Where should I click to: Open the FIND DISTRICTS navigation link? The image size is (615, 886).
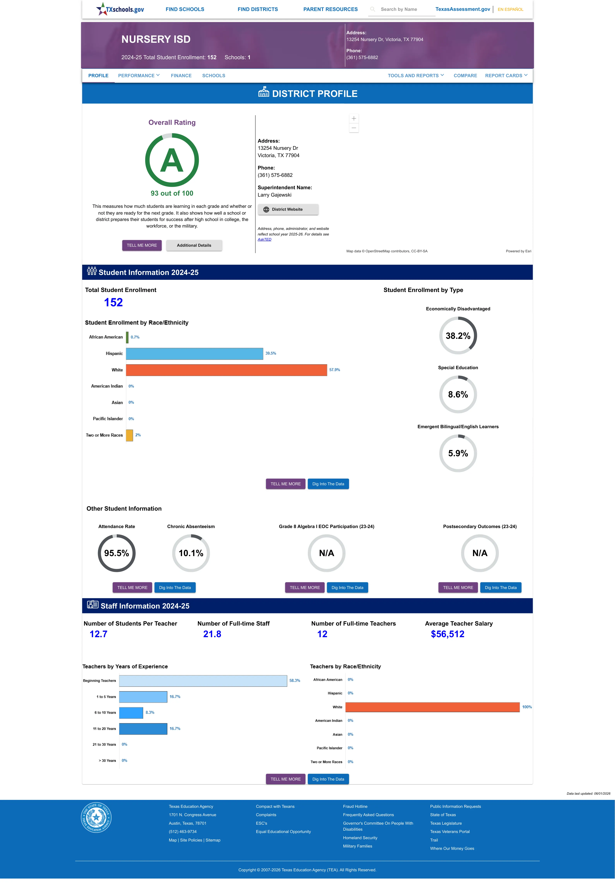[x=257, y=9]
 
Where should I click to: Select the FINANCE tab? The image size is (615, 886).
[x=181, y=75]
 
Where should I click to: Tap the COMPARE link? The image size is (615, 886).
[x=465, y=75]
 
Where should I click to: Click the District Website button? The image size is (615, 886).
[x=288, y=210]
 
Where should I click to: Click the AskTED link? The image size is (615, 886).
[x=264, y=240]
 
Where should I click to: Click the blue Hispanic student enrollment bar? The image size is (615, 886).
[x=195, y=354]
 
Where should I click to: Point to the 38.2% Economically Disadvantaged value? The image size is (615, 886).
[x=458, y=336]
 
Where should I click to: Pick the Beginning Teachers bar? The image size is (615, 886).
[x=203, y=681]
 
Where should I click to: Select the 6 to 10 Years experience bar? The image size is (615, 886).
[x=131, y=713]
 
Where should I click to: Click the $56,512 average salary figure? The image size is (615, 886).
[x=447, y=634]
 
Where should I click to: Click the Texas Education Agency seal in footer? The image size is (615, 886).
[x=96, y=817]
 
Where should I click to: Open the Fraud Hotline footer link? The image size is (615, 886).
[x=355, y=806]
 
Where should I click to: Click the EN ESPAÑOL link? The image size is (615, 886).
[x=510, y=9]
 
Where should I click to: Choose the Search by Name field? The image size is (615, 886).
[x=401, y=9]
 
